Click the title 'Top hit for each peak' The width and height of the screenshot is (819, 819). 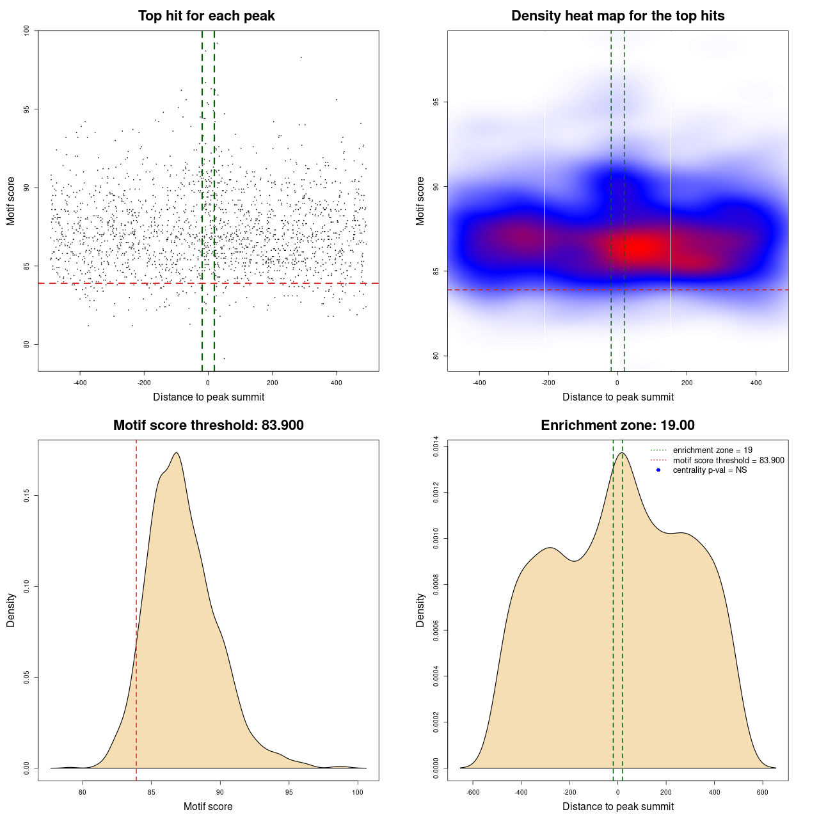point(206,16)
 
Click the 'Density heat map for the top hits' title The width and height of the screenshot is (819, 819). point(617,16)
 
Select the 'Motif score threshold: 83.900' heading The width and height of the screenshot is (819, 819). point(208,425)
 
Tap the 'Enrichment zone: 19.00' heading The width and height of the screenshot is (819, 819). point(617,425)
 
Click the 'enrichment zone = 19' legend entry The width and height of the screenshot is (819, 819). point(712,450)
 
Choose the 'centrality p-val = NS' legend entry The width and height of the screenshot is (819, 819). point(710,470)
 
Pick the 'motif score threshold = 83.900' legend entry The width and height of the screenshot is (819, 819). point(728,461)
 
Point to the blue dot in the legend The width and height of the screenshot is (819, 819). point(658,470)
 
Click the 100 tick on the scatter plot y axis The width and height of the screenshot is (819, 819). point(27,31)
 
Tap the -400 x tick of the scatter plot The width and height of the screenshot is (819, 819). point(80,383)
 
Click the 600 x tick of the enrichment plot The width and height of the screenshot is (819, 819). point(763,792)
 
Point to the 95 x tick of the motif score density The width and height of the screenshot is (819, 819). point(289,792)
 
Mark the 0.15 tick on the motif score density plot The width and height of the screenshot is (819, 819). point(27,496)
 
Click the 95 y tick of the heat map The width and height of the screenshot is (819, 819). point(436,102)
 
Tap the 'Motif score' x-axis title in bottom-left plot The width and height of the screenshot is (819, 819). point(208,807)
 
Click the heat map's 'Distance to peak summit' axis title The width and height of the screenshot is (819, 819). point(617,397)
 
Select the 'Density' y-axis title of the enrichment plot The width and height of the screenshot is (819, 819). point(420,610)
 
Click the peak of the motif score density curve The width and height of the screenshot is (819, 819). point(176,453)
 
